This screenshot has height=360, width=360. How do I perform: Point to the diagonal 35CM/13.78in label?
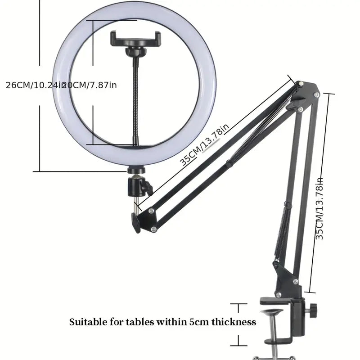click(205, 145)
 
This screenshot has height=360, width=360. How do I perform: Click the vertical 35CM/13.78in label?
click(319, 208)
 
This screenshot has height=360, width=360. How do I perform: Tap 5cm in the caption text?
click(198, 322)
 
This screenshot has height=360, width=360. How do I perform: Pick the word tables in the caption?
click(129, 322)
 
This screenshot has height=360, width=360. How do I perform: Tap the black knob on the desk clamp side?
click(313, 310)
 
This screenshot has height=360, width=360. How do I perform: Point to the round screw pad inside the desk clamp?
click(272, 312)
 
